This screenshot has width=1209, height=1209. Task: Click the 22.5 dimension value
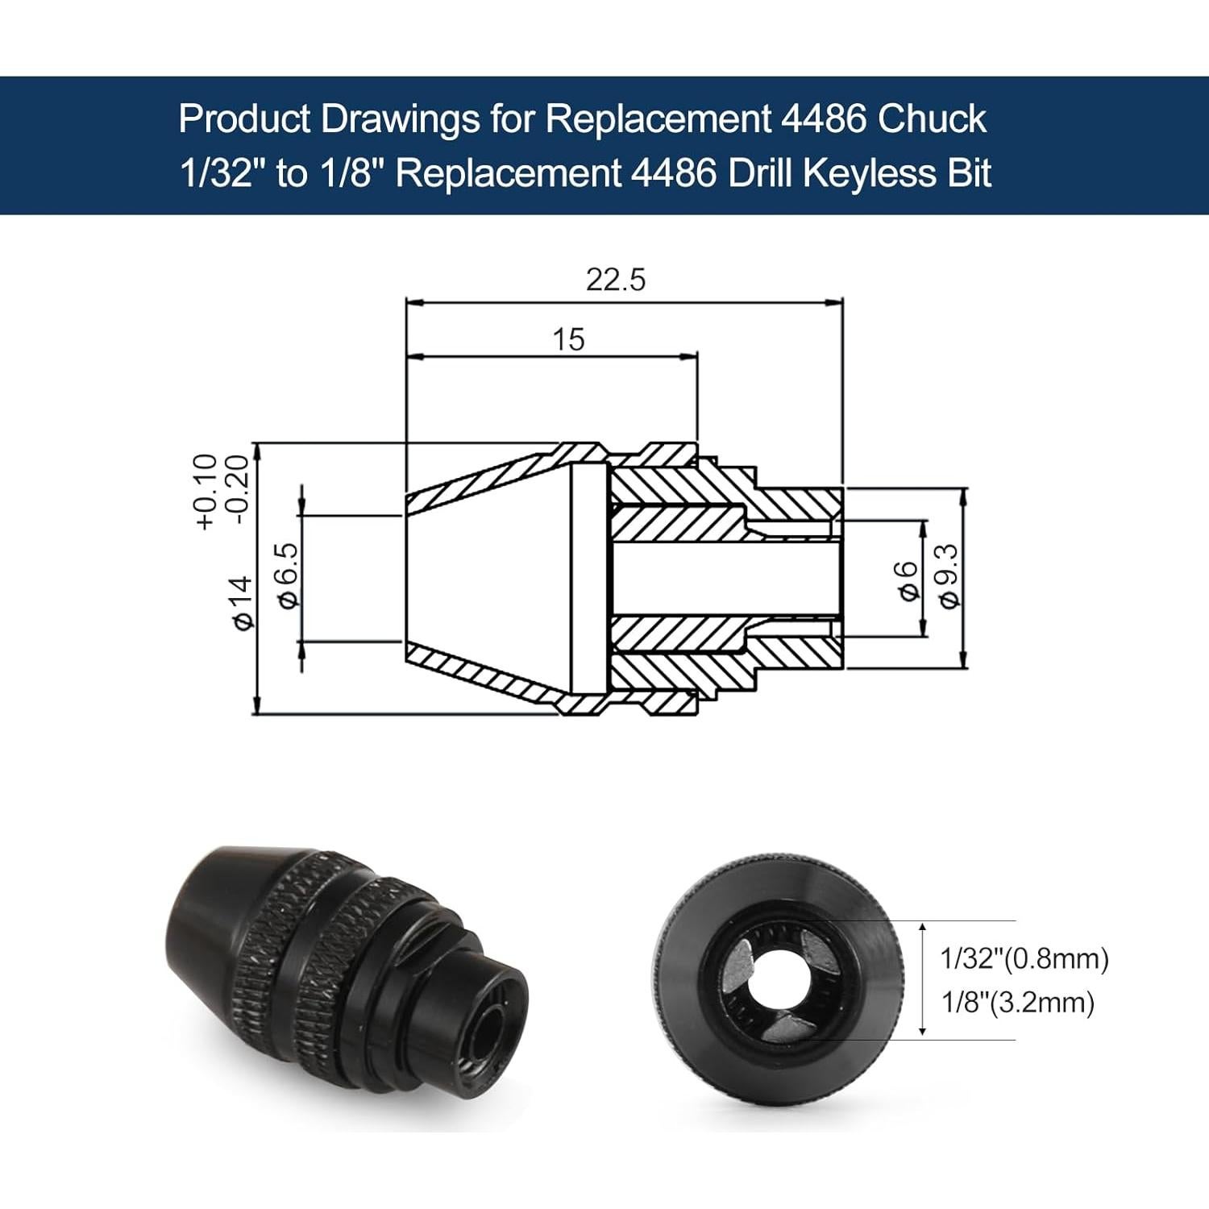click(616, 280)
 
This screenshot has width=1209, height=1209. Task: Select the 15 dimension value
click(568, 339)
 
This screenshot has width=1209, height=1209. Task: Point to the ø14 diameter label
click(241, 603)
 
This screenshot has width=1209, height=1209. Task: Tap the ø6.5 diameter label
click(288, 574)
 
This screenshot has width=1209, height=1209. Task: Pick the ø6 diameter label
click(908, 580)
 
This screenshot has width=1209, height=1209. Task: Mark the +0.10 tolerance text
click(206, 492)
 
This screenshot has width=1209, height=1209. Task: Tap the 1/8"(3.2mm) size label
click(1018, 1003)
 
